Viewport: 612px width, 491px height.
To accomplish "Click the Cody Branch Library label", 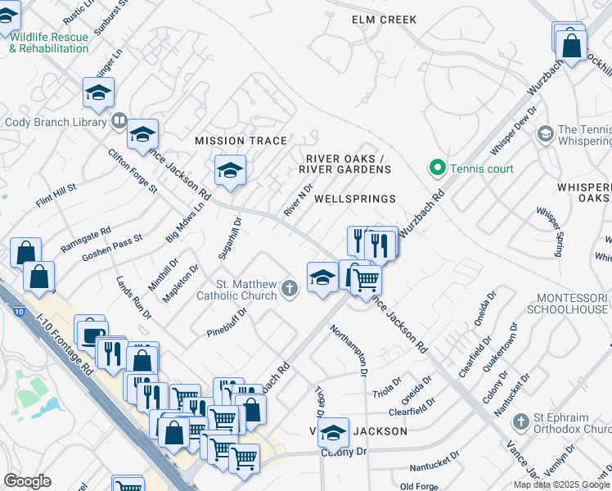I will (x=56, y=123).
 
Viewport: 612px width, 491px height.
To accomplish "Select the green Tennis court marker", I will (x=438, y=169).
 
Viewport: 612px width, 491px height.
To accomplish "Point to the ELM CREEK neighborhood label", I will (x=384, y=20).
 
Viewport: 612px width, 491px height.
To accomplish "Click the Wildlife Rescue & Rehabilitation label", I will (x=48, y=43).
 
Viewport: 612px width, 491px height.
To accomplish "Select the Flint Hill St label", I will (x=56, y=195).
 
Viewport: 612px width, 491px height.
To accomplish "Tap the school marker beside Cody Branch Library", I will (x=142, y=133).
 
